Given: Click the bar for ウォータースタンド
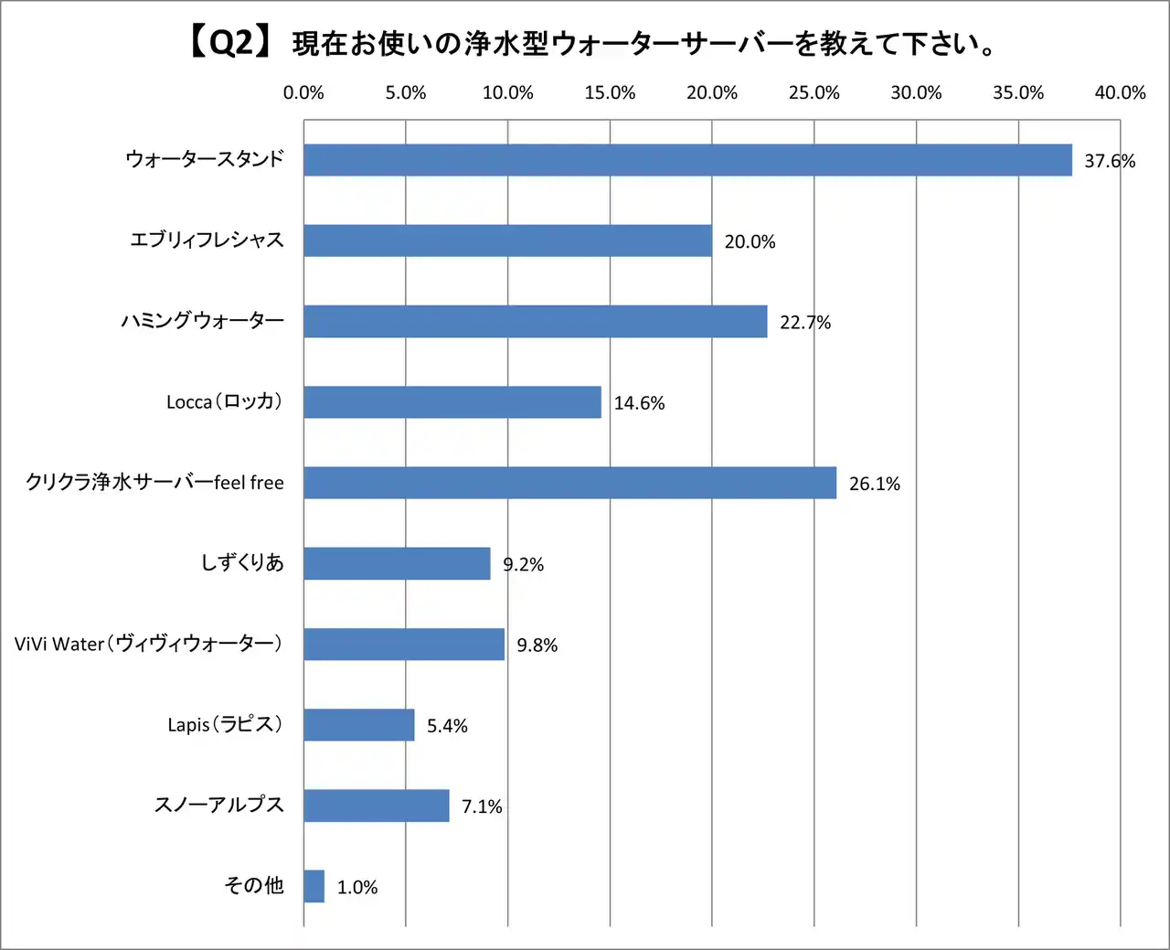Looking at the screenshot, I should coord(687,160).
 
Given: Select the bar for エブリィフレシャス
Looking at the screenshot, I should coord(507,240).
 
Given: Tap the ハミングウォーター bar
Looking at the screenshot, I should coord(535,321).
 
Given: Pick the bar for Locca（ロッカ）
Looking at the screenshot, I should coord(452,402).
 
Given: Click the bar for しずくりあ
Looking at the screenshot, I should coord(397,563).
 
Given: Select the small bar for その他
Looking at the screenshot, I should coord(314,886).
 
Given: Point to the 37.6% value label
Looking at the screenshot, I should coord(1110,161).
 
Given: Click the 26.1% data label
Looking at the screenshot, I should coord(874,484).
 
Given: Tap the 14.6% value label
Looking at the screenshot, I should coord(639,403).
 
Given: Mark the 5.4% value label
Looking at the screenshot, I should coord(447,726).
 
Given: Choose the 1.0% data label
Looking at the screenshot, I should coord(356,887).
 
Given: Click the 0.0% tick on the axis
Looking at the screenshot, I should coord(303,92).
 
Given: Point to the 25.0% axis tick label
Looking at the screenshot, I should coord(814,92).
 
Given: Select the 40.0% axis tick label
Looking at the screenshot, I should coord(1120,92).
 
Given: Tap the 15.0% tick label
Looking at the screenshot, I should coord(610,92).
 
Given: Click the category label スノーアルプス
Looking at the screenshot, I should coord(219,805).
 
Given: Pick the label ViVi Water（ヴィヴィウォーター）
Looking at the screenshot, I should coord(148,644).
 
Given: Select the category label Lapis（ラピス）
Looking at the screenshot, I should coord(225,724).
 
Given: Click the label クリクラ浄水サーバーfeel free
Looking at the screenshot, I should coord(154,482).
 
